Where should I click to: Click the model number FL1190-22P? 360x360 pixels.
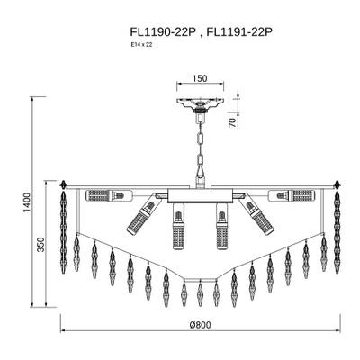(163, 32)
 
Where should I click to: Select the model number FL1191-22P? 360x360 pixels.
(239, 32)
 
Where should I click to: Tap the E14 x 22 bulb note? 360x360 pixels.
(139, 45)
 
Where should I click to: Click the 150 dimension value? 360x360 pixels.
(200, 78)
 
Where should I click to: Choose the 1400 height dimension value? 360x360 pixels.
(27, 202)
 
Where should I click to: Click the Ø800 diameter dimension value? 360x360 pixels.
(201, 325)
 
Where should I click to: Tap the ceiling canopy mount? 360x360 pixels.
(200, 104)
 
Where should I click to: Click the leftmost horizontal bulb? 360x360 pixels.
(109, 195)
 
